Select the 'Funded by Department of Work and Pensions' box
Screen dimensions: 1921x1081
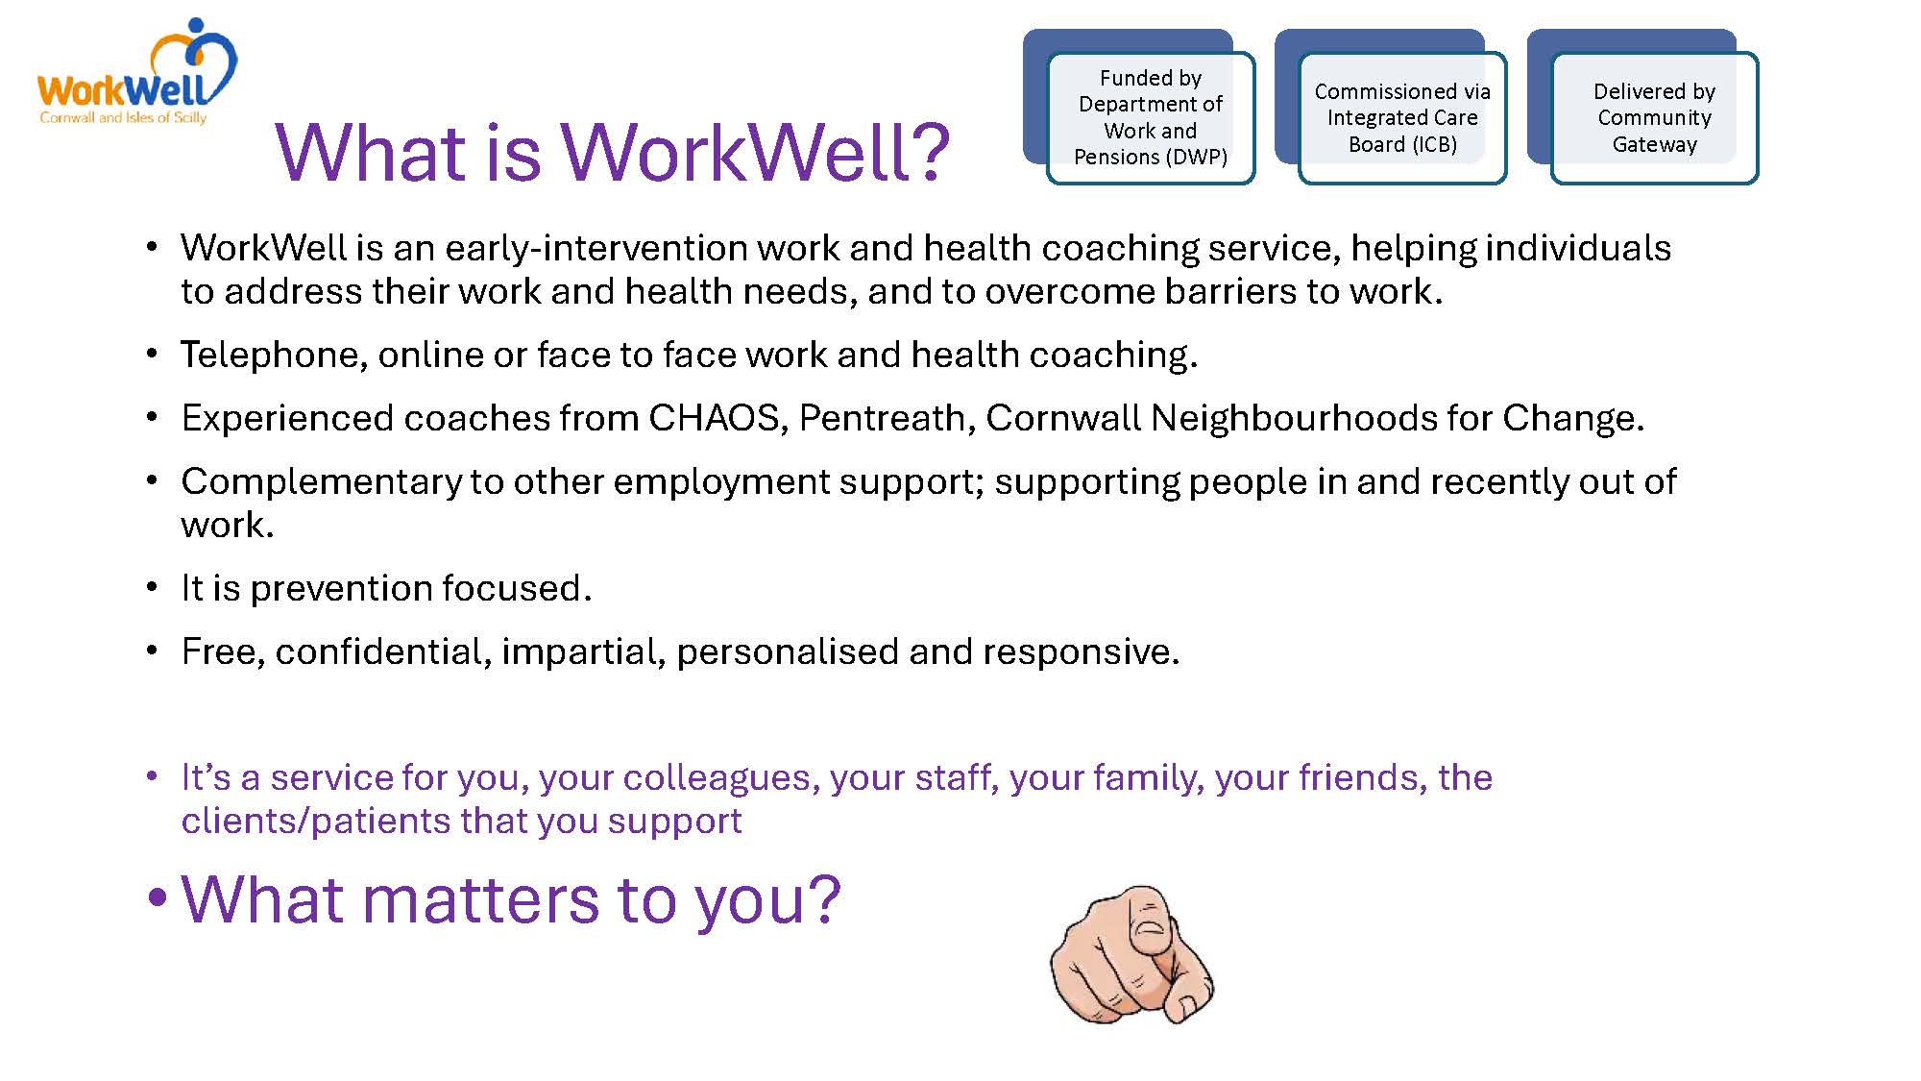[1151, 117]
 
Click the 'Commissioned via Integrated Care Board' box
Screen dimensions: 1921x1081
[1402, 117]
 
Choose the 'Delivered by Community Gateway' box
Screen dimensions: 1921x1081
[1654, 117]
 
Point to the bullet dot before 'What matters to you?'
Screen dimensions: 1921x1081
[158, 901]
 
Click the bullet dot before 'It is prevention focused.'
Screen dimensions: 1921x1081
[152, 587]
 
